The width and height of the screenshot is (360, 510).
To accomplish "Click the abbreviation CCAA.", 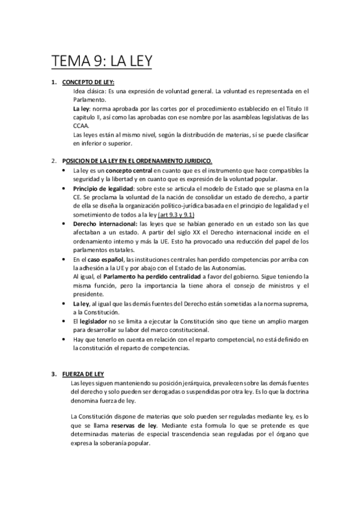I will (x=80, y=126).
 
